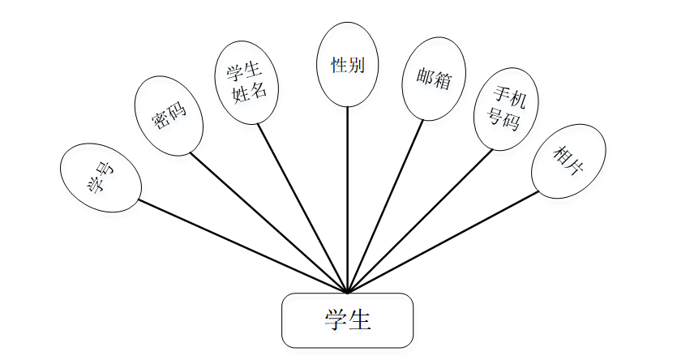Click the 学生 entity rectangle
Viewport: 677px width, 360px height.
point(347,320)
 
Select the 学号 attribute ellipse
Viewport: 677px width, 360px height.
point(101,178)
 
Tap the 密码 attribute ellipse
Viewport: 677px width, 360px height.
point(169,115)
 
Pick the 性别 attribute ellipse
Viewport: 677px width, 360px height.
point(347,65)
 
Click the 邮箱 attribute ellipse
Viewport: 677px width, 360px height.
point(434,79)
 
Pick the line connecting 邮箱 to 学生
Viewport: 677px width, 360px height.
point(385,206)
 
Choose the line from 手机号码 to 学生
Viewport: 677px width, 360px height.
point(420,221)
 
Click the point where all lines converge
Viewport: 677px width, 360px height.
point(347,292)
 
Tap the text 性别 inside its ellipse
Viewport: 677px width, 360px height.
point(347,65)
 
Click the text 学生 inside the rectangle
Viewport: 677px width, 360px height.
point(347,320)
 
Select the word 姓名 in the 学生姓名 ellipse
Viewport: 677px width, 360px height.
point(250,92)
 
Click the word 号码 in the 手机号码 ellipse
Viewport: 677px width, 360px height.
point(503,119)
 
